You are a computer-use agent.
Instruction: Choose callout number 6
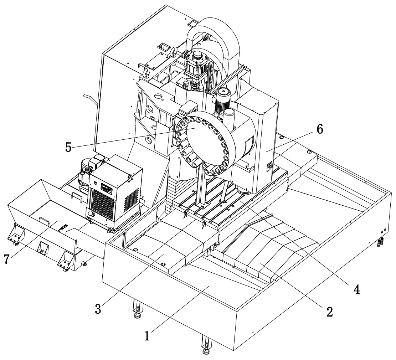tap(320, 130)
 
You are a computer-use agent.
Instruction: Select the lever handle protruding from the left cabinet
tap(89, 99)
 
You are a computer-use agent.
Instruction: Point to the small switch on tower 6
tap(269, 166)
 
